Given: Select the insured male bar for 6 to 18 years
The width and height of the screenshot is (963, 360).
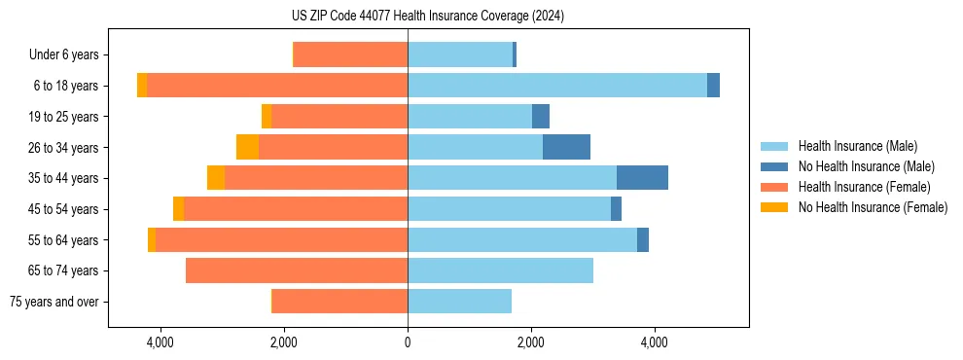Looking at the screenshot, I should [x=556, y=86].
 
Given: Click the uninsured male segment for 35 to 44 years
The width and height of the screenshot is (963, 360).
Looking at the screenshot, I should [x=642, y=178].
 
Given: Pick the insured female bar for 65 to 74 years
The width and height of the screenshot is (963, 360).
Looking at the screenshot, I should [x=296, y=270].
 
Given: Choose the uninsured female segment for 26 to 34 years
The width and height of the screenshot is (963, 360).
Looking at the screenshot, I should [x=247, y=147].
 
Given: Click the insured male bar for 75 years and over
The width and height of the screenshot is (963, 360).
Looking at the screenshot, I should [x=459, y=302].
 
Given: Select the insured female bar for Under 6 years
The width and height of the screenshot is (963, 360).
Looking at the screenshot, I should [x=350, y=54].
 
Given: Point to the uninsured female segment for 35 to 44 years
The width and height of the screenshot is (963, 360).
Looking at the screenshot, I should [x=216, y=178].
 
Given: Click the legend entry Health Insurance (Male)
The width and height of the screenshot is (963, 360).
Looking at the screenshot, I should [x=857, y=146].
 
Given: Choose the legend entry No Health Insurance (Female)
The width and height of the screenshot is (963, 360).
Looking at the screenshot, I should [x=873, y=207].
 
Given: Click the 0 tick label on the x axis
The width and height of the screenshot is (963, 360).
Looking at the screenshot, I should [x=408, y=342].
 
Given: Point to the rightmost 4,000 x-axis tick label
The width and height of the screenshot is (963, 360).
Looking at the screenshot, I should [x=655, y=342].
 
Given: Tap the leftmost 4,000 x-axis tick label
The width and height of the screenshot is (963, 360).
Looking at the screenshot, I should [x=160, y=342].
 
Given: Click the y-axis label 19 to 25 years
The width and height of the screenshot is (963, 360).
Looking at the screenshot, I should [x=64, y=117].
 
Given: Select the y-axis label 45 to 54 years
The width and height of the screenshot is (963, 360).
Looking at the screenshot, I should [x=64, y=209].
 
